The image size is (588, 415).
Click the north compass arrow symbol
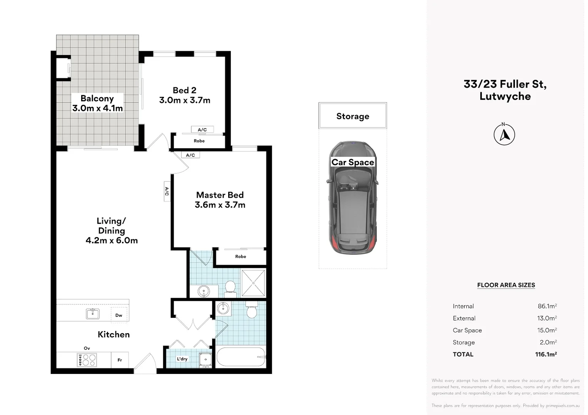504,134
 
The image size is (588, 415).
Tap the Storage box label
352,116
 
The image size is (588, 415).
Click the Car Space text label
352,162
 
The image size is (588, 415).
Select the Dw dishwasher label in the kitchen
119,315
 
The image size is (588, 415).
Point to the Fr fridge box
120,360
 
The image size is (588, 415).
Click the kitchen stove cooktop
87,360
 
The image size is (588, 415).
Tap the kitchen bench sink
93,314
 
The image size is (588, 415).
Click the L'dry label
182,359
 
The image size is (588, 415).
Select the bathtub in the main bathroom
241,357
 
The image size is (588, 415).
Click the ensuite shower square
253,283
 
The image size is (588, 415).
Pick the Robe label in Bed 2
199,141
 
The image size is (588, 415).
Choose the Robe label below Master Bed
241,256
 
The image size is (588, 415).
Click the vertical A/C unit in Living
167,191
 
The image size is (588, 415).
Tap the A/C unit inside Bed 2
202,129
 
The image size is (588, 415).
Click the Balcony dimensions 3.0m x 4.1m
97,108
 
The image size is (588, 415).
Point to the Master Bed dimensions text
220,204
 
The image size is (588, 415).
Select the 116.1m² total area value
546,354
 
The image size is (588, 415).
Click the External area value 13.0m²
547,318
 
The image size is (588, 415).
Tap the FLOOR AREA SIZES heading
506,285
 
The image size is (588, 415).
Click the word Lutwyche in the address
505,96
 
